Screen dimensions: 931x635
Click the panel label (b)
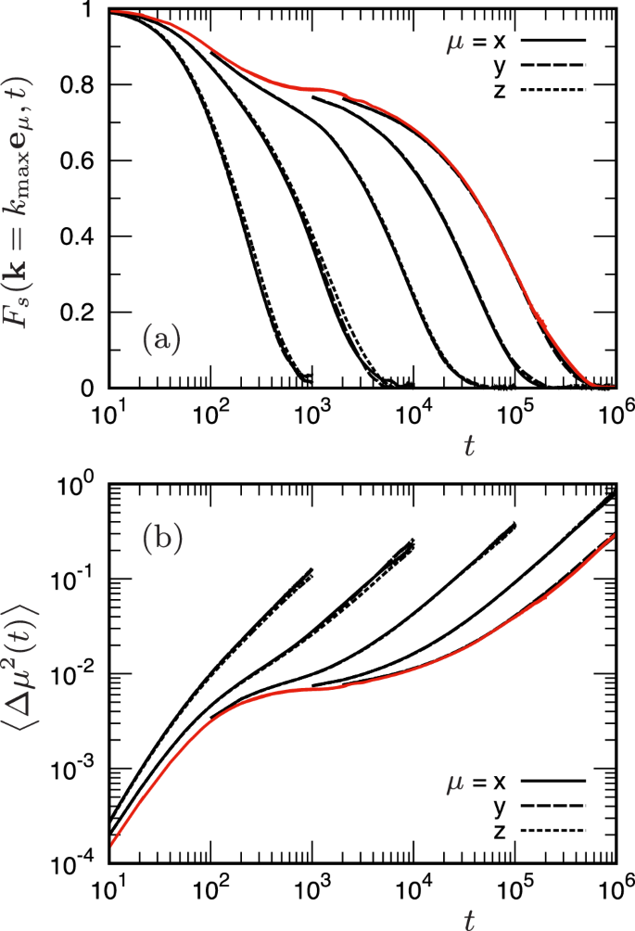(x=163, y=537)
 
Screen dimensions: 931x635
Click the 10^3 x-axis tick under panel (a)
(x=311, y=410)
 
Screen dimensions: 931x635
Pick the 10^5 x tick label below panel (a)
(x=514, y=410)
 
